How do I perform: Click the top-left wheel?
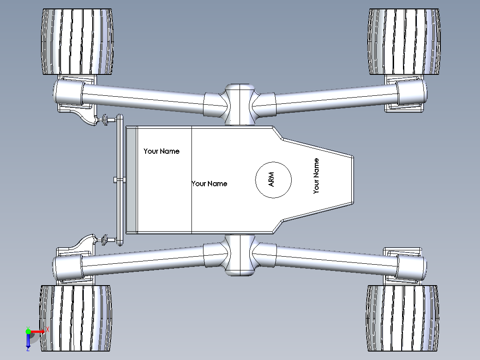pyautogui.click(x=77, y=42)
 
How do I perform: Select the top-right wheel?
pyautogui.click(x=404, y=42)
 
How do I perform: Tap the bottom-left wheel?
pyautogui.click(x=76, y=318)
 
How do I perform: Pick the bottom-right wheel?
pyautogui.click(x=403, y=318)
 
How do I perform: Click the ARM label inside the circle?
pyautogui.click(x=271, y=180)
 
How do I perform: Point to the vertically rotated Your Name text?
pyautogui.click(x=316, y=176)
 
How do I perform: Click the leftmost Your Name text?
pyautogui.click(x=161, y=151)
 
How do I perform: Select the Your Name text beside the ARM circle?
pyautogui.click(x=209, y=184)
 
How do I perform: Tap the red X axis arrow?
pyautogui.click(x=37, y=331)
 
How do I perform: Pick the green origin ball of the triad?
pyautogui.click(x=28, y=331)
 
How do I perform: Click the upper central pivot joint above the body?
pyautogui.click(x=240, y=104)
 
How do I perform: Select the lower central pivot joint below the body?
pyautogui.click(x=240, y=255)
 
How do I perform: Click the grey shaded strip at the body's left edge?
pyautogui.click(x=132, y=180)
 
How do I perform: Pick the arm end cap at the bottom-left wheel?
pyautogui.click(x=68, y=266)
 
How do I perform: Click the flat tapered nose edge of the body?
pyautogui.click(x=353, y=180)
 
